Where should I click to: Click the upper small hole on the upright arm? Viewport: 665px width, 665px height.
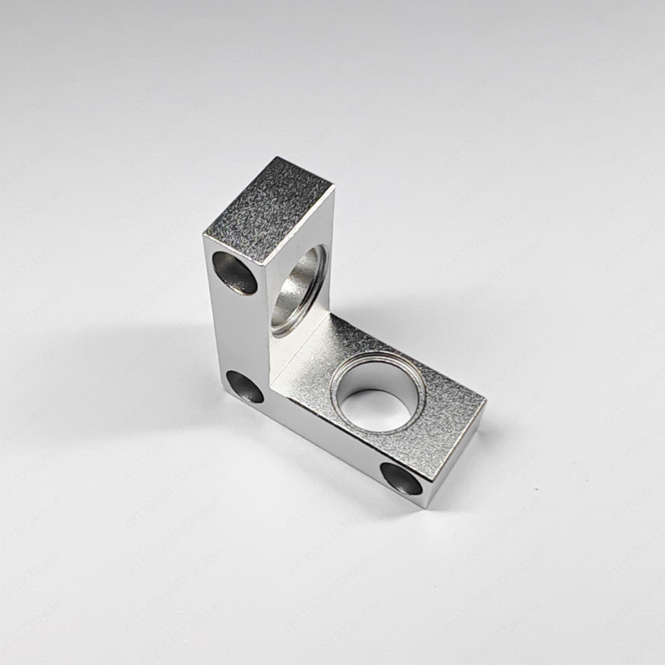[x=235, y=272]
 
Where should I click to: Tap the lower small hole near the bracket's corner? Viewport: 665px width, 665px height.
[x=245, y=386]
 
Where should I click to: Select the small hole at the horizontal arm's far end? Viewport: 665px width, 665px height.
[x=401, y=478]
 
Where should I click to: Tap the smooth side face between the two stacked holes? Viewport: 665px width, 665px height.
[x=237, y=332]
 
